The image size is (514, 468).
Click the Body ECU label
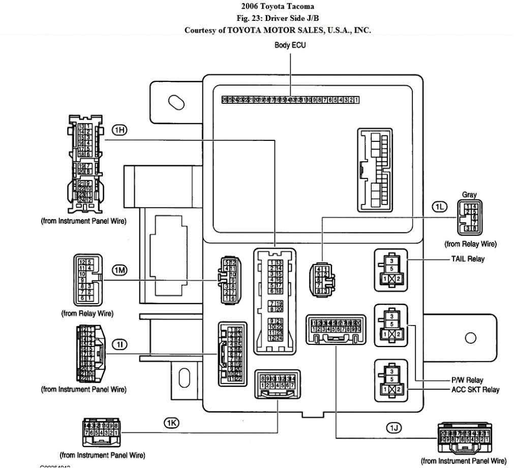[290, 45]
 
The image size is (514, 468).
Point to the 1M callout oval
[119, 270]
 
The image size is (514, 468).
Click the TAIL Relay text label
[467, 259]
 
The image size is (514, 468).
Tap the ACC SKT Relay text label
[475, 390]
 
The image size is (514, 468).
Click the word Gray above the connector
[469, 194]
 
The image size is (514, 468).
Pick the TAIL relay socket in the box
[390, 270]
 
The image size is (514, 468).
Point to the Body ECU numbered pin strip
[290, 100]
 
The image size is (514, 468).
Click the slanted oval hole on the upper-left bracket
[176, 102]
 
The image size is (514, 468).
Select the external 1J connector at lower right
[465, 438]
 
